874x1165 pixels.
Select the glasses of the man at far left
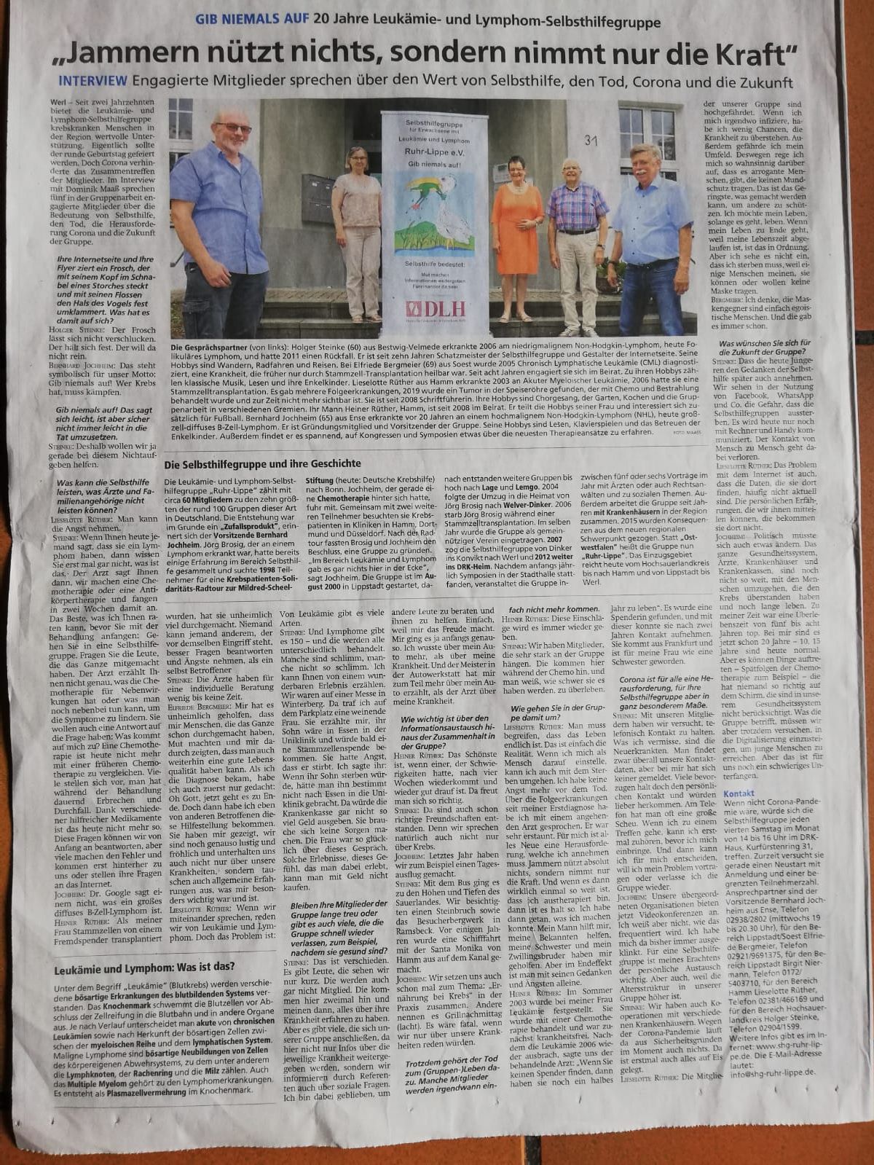click(233, 128)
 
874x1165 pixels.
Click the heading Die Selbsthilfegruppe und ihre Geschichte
click(262, 463)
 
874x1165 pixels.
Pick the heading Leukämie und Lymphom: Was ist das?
click(143, 968)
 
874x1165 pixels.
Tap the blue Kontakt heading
click(739, 793)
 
